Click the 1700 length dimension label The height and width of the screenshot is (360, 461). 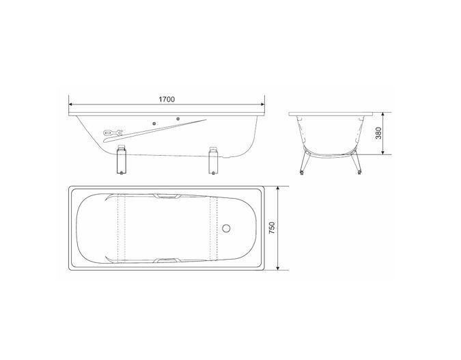(167, 100)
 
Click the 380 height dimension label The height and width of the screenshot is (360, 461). (378, 133)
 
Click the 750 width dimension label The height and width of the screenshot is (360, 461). (272, 228)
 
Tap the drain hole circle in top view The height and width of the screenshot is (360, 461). (226, 228)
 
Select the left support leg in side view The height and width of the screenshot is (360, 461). (122, 159)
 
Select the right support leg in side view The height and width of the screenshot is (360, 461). (214, 160)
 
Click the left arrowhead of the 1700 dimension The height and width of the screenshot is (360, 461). (71, 104)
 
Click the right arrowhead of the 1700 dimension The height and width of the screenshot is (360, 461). (262, 104)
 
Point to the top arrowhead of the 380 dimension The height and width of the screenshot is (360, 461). (382, 114)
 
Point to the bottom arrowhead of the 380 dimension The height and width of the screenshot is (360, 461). (382, 152)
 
